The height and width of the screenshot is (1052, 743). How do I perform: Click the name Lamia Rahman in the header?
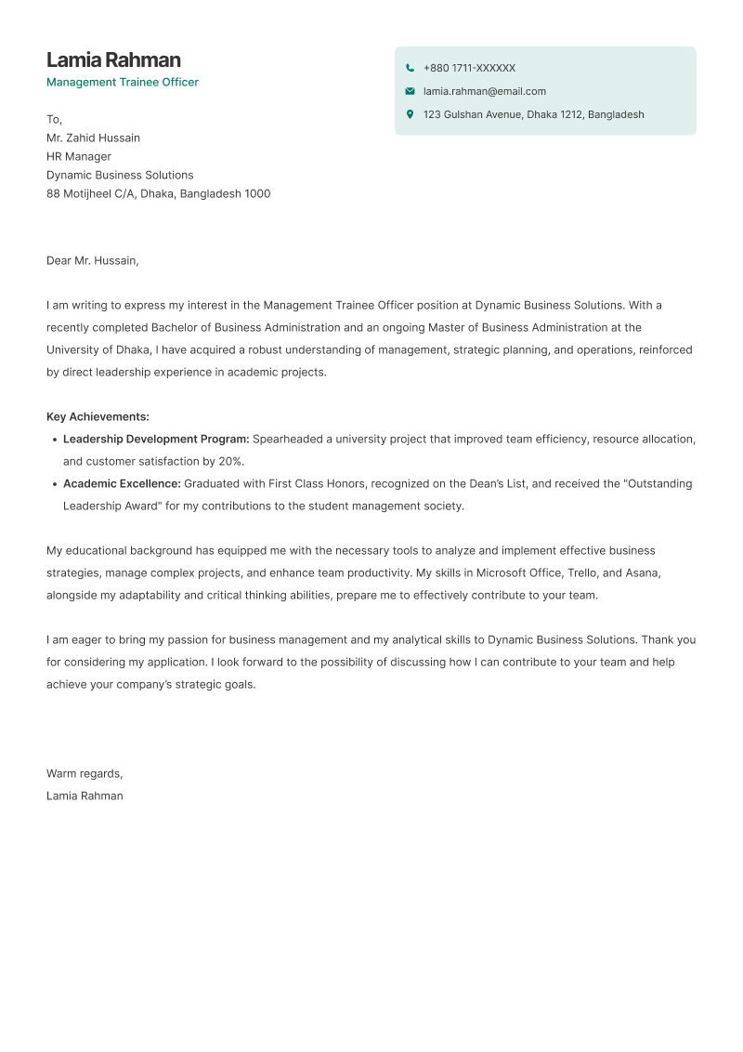pos(113,60)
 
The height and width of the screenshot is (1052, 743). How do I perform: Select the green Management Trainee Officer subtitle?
pos(123,82)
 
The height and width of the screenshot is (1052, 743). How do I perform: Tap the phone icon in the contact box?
pos(410,68)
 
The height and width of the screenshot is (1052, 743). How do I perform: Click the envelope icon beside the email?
pos(410,91)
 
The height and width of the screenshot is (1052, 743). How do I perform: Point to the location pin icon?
pos(410,114)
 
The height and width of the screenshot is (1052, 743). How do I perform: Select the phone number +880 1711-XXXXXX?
pos(469,68)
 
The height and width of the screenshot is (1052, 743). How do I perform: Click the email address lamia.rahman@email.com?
pos(484,91)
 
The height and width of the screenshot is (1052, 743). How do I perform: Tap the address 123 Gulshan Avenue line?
pos(533,114)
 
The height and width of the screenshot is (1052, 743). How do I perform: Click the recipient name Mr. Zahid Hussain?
pos(93,138)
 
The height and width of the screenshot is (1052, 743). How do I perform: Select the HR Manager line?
pos(79,156)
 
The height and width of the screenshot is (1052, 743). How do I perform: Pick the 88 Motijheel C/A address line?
pos(158,193)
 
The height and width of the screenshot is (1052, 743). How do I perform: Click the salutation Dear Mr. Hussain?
pos(92,260)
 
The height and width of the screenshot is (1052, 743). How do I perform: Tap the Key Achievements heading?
pos(98,416)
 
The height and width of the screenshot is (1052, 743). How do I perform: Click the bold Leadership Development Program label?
pos(156,439)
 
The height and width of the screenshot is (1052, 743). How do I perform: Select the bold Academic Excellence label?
pos(122,483)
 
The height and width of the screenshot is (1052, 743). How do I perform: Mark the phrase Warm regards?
pos(85,773)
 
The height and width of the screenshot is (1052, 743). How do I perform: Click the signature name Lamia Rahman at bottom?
pos(85,796)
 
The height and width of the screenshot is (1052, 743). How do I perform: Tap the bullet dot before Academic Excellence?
pos(54,484)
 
